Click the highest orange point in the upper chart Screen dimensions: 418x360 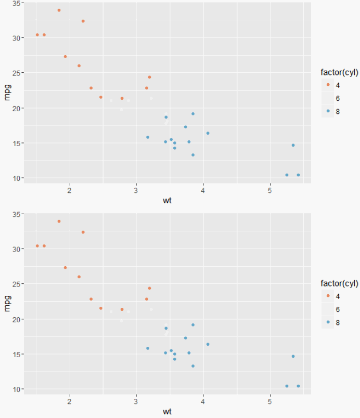(59, 10)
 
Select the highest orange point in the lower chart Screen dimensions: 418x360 (59, 221)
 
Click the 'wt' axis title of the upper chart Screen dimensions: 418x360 (167, 200)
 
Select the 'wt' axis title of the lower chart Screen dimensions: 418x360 (167, 411)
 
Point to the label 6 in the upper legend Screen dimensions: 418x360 (339, 98)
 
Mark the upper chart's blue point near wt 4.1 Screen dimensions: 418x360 (208, 133)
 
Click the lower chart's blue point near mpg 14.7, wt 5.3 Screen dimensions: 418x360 (293, 356)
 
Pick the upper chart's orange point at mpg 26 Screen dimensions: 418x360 (79, 66)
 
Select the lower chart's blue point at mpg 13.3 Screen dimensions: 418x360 (192, 366)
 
